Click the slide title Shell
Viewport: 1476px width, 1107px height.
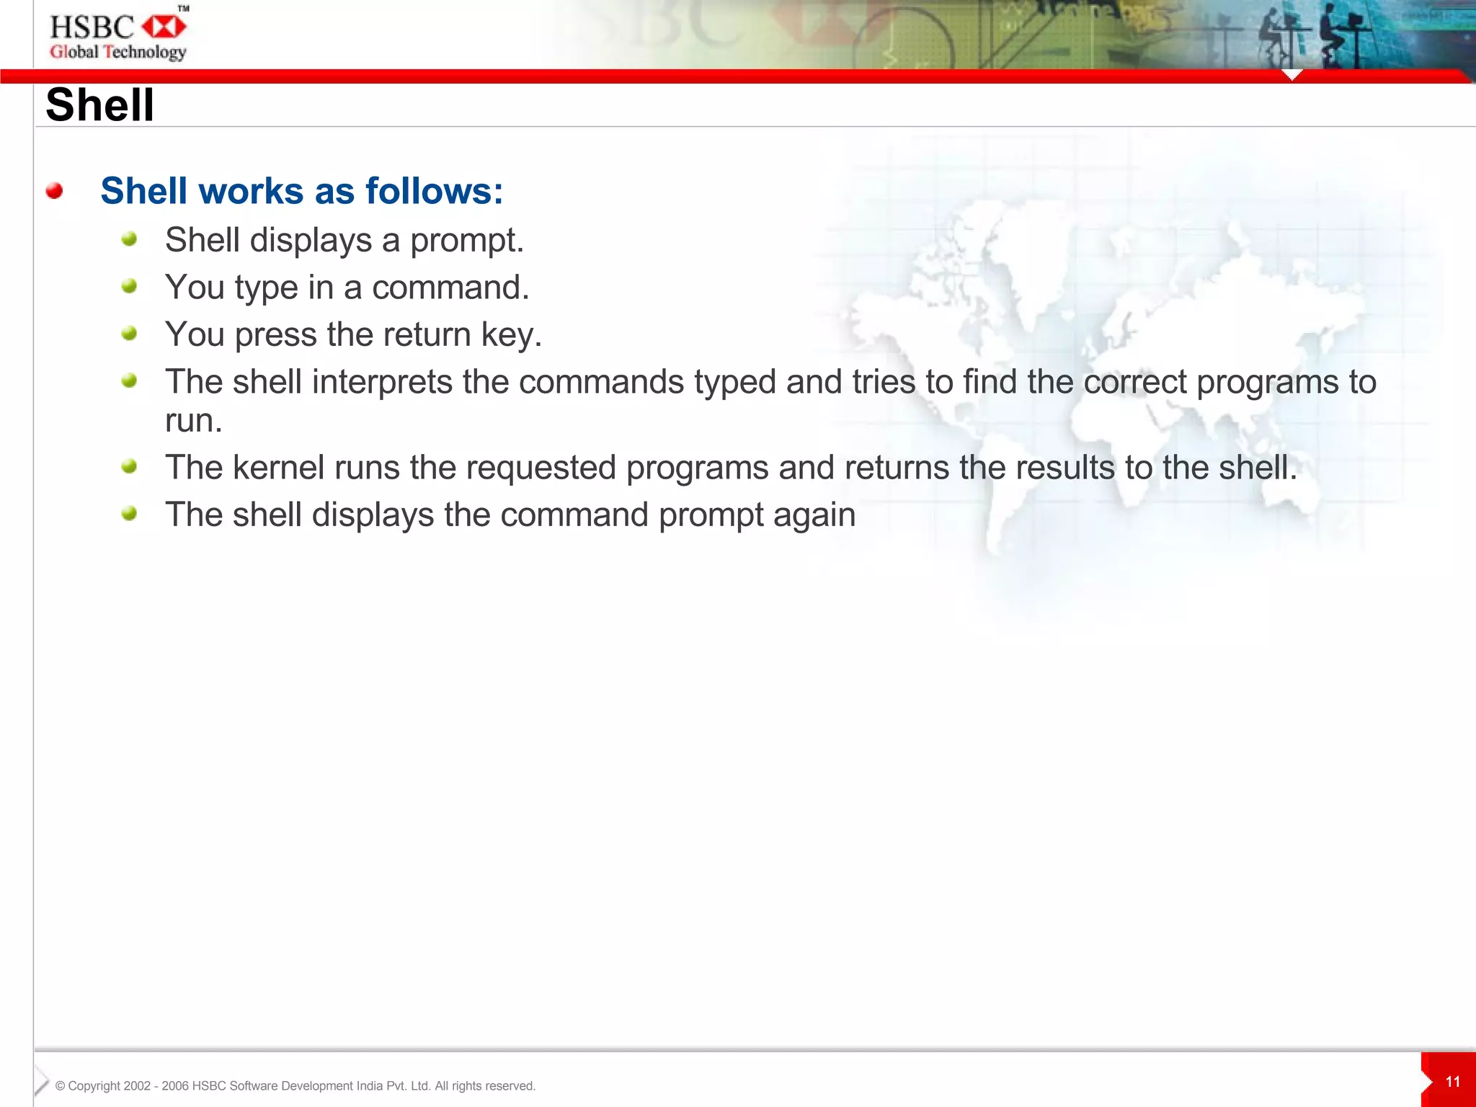click(x=99, y=105)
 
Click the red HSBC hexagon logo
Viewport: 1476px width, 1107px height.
click(x=164, y=27)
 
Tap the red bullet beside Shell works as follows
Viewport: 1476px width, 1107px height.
click(x=54, y=191)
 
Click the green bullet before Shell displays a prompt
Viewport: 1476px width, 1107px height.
click(x=130, y=239)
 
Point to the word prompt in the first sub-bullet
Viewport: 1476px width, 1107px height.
click(x=467, y=241)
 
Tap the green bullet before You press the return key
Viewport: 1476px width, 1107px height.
click(x=130, y=333)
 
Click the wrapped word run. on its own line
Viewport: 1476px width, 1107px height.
click(x=193, y=421)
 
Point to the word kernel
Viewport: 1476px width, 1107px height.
click(x=278, y=468)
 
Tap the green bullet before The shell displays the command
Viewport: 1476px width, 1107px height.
click(x=130, y=513)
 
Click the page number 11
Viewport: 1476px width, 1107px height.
click(x=1453, y=1082)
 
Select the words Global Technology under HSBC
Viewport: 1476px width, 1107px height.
click(x=118, y=52)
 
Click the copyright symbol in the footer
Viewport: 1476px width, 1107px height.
click(x=61, y=1086)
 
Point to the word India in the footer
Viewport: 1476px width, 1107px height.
click(x=369, y=1086)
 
